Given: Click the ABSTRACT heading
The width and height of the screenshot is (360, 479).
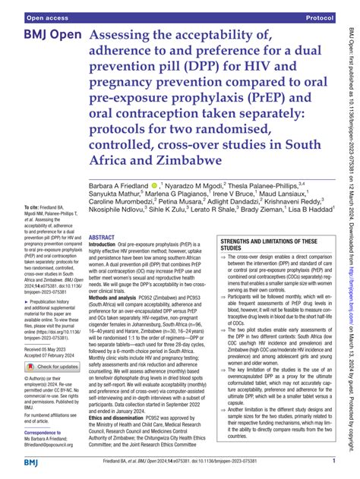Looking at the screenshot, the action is (x=106, y=237).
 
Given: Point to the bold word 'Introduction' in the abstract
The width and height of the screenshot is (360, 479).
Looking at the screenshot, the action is (x=109, y=245).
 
